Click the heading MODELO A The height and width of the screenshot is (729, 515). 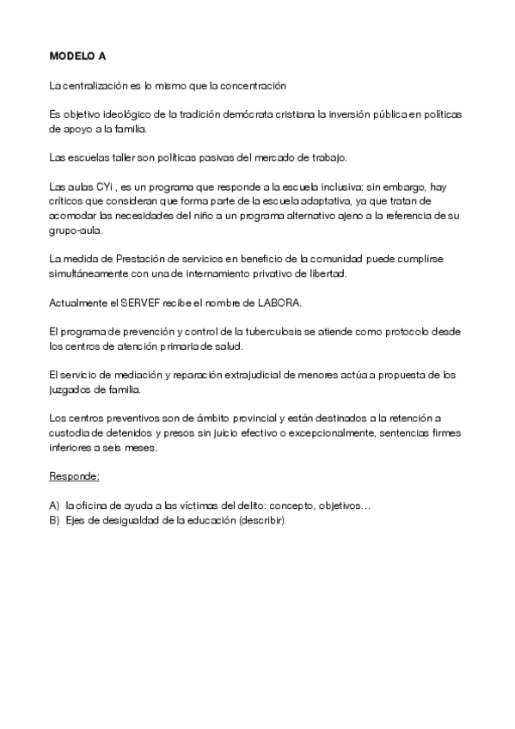click(x=78, y=57)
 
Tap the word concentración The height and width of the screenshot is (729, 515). click(x=254, y=86)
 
